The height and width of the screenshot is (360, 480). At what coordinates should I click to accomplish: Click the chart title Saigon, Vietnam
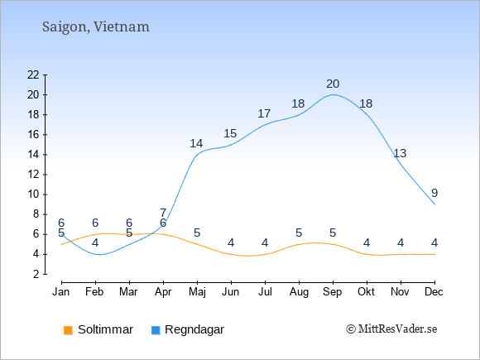pos(96,27)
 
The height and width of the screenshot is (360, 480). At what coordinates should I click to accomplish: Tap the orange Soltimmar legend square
pos(68,330)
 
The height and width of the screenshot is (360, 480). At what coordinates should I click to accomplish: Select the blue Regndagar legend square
pos(156,330)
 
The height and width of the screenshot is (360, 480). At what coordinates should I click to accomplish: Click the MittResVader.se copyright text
pos(391,329)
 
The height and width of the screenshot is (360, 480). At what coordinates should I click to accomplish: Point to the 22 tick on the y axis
pos(33,74)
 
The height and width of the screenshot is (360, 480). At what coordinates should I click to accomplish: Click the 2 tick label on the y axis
pos(36,274)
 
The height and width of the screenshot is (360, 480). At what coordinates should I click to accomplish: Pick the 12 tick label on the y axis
pos(33,175)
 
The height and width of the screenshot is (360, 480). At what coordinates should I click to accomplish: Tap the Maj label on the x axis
pos(197,292)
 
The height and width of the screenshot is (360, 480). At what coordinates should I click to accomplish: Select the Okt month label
pos(366,292)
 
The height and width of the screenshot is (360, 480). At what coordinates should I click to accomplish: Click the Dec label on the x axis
pos(434,292)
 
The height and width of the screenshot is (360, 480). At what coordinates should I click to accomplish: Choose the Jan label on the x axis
pos(61,292)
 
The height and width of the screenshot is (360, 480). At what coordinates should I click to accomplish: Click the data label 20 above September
pos(333,84)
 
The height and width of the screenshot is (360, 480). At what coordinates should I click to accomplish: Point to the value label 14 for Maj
pos(196,143)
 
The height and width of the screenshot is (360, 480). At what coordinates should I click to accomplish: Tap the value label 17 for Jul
pos(264,113)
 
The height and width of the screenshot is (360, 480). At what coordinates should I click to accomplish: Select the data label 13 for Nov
pos(400,153)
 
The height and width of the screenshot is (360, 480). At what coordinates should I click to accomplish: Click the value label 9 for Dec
pos(434,193)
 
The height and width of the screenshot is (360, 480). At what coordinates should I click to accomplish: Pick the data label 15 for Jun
pos(230,133)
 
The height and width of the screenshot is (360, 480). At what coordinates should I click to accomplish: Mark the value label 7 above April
pos(163,213)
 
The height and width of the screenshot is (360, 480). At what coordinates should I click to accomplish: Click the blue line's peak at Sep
pos(333,94)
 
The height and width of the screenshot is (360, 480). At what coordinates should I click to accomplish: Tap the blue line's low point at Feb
pos(98,254)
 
